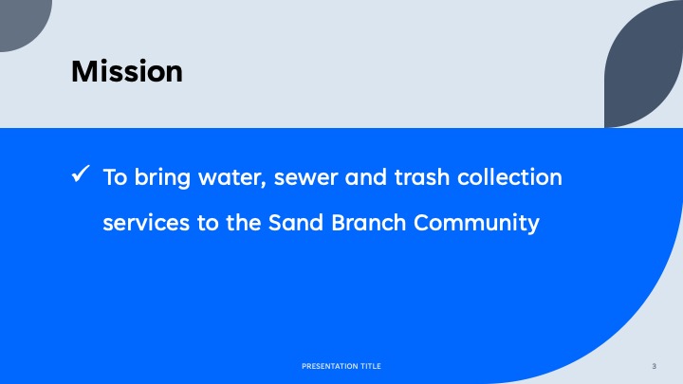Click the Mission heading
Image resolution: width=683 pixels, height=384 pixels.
pyautogui.click(x=127, y=71)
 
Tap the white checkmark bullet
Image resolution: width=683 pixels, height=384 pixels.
pyautogui.click(x=81, y=174)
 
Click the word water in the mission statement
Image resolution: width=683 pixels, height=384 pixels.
pyautogui.click(x=232, y=177)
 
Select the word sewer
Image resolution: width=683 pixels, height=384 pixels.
pyautogui.click(x=305, y=178)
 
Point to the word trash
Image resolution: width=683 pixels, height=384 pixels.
pyautogui.click(x=421, y=177)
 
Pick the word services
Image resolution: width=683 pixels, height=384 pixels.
pyautogui.click(x=146, y=223)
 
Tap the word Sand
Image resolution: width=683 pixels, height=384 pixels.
pyautogui.click(x=296, y=223)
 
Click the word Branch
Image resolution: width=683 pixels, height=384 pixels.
pyautogui.click(x=368, y=223)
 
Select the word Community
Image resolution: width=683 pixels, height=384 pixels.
pyautogui.click(x=476, y=224)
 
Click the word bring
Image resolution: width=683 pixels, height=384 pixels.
pyautogui.click(x=162, y=178)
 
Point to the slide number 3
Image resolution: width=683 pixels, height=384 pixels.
pyautogui.click(x=654, y=366)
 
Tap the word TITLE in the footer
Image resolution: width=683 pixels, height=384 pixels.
pyautogui.click(x=371, y=366)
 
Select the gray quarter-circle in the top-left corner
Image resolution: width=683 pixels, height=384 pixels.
pyautogui.click(x=22, y=22)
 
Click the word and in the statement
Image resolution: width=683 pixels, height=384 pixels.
pyautogui.click(x=366, y=177)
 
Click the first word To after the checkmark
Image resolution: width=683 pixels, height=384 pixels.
pyautogui.click(x=115, y=177)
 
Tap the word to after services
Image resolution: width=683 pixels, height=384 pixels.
pyautogui.click(x=208, y=224)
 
